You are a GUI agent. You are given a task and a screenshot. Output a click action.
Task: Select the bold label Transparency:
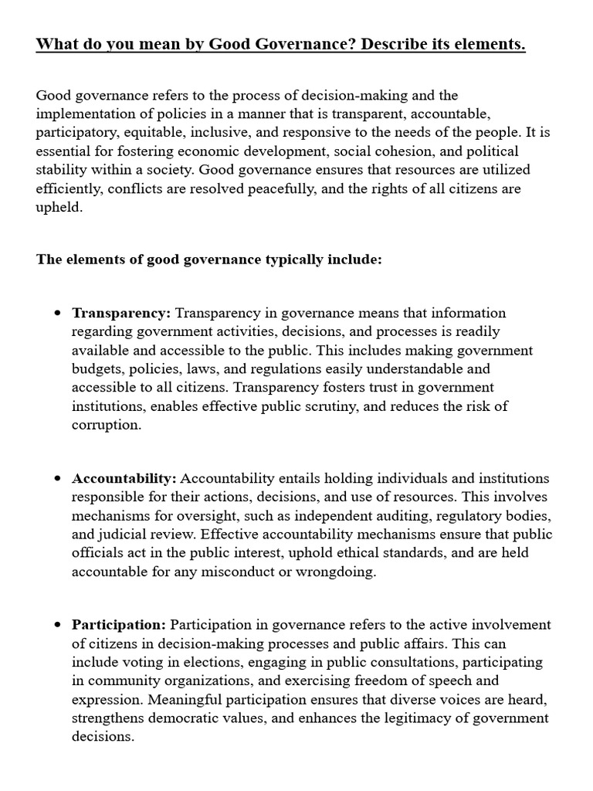(x=121, y=313)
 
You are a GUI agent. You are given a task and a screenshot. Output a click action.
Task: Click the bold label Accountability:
(x=124, y=478)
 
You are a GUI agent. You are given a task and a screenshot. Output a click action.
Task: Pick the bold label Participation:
(x=119, y=624)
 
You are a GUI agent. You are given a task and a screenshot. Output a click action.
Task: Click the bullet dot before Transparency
(x=58, y=314)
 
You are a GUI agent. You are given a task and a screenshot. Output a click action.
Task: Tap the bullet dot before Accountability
(x=58, y=479)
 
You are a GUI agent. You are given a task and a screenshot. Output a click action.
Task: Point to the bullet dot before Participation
(x=58, y=625)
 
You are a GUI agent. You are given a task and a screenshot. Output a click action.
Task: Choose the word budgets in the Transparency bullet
(x=97, y=368)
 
